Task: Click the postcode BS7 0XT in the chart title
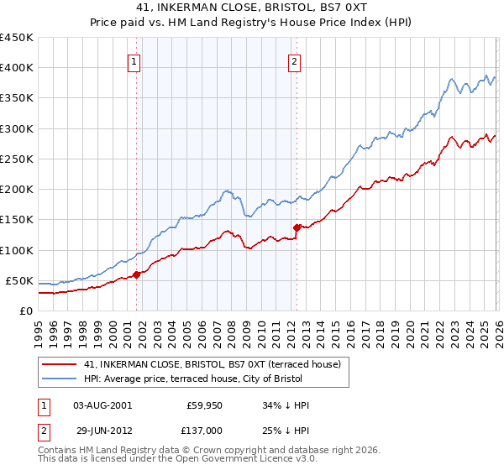(x=339, y=7)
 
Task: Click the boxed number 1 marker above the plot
(x=134, y=60)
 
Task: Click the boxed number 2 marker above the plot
(x=295, y=60)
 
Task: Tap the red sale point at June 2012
(x=297, y=227)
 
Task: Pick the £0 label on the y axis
(x=25, y=311)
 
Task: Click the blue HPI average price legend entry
(x=215, y=379)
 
